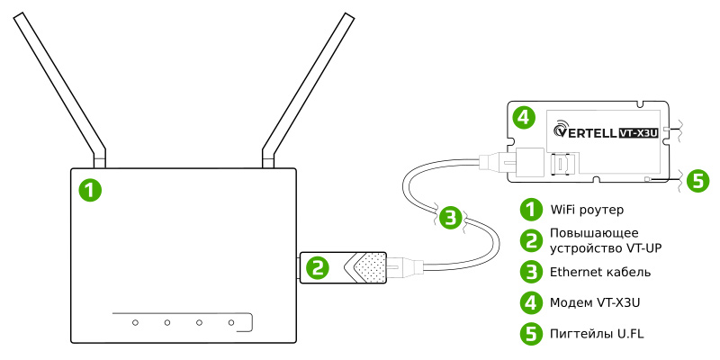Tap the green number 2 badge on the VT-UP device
[318, 266]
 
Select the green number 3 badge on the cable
[453, 216]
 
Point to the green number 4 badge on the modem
[524, 117]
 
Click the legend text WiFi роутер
[586, 210]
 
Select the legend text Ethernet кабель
[600, 271]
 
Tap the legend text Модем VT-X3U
[597, 301]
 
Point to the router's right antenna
[306, 85]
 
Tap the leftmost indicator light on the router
[134, 321]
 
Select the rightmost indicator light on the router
[231, 321]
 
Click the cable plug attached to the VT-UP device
[402, 266]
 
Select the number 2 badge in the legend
[532, 240]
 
